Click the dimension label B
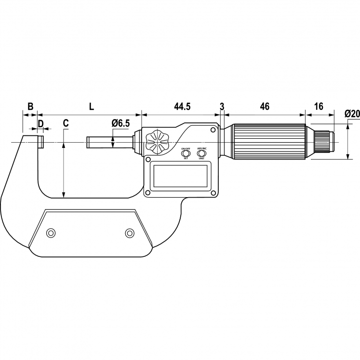30,107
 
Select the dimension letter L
91,107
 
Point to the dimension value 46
265,107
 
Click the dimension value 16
319,107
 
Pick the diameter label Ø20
352,114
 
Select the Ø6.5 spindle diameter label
120,123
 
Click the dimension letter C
66,123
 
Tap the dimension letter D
41,124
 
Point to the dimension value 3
222,107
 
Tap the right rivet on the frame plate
129,233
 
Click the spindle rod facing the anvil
110,142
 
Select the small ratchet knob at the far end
324,142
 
